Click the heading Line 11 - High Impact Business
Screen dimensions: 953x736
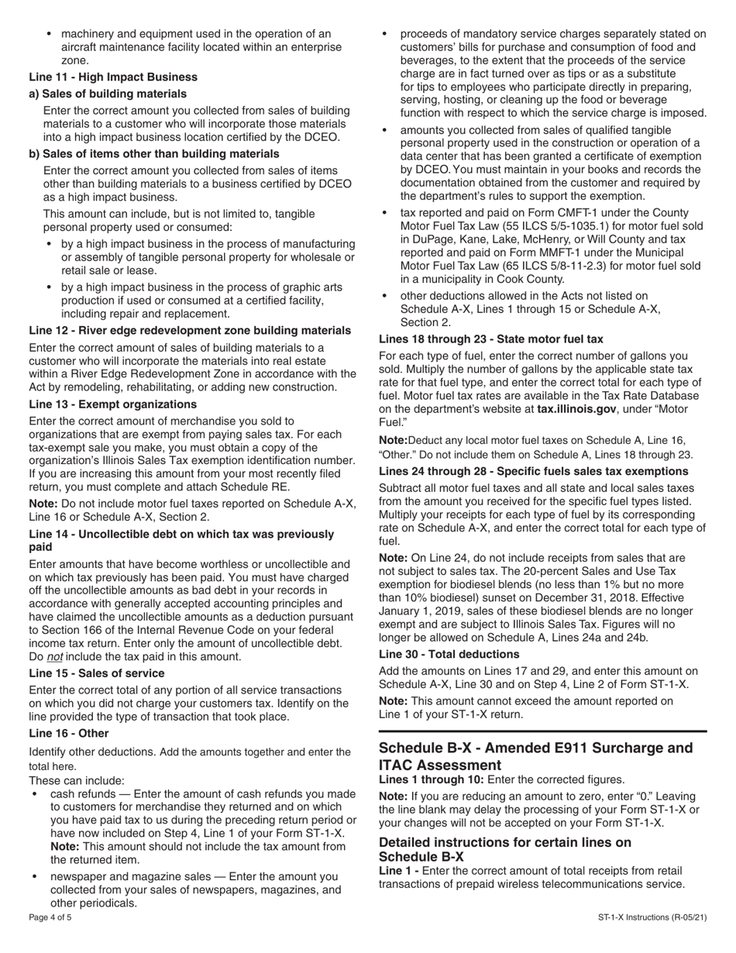113,77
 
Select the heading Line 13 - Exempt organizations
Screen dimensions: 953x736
112,404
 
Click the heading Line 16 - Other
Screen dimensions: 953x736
69,733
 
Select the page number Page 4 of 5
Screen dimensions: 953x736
50,917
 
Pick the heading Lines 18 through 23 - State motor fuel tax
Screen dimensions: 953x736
490,339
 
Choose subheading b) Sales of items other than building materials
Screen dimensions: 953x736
154,153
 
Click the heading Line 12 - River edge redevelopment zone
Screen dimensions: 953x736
190,330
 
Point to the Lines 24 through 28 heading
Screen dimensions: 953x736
533,471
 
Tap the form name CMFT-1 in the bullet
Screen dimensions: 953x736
545,212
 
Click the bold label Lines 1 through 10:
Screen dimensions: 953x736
427,779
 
